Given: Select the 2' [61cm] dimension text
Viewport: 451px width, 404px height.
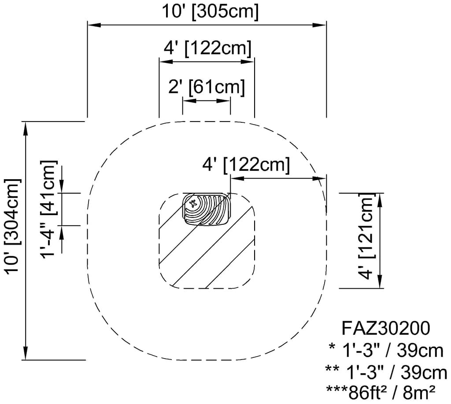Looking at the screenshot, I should click(207, 87).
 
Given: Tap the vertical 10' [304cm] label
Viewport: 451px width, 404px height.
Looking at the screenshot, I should click(13, 226).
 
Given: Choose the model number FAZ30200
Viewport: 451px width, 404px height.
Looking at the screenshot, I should click(386, 328).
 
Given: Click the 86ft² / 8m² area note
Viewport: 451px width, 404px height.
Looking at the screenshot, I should click(381, 390).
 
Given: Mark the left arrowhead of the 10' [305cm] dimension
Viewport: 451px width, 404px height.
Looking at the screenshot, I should click(92, 26).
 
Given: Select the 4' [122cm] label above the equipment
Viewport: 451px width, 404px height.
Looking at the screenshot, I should click(246, 165).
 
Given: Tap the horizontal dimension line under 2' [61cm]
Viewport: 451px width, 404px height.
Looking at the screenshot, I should click(206, 101).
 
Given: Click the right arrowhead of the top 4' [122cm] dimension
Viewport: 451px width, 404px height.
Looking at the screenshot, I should click(249, 62).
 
